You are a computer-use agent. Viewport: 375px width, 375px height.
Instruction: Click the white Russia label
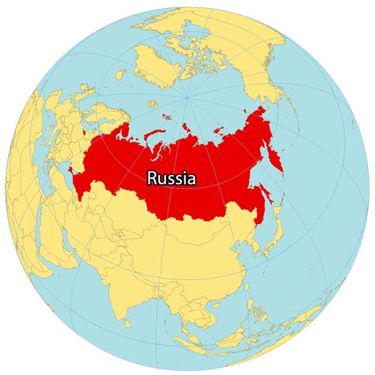172,179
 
